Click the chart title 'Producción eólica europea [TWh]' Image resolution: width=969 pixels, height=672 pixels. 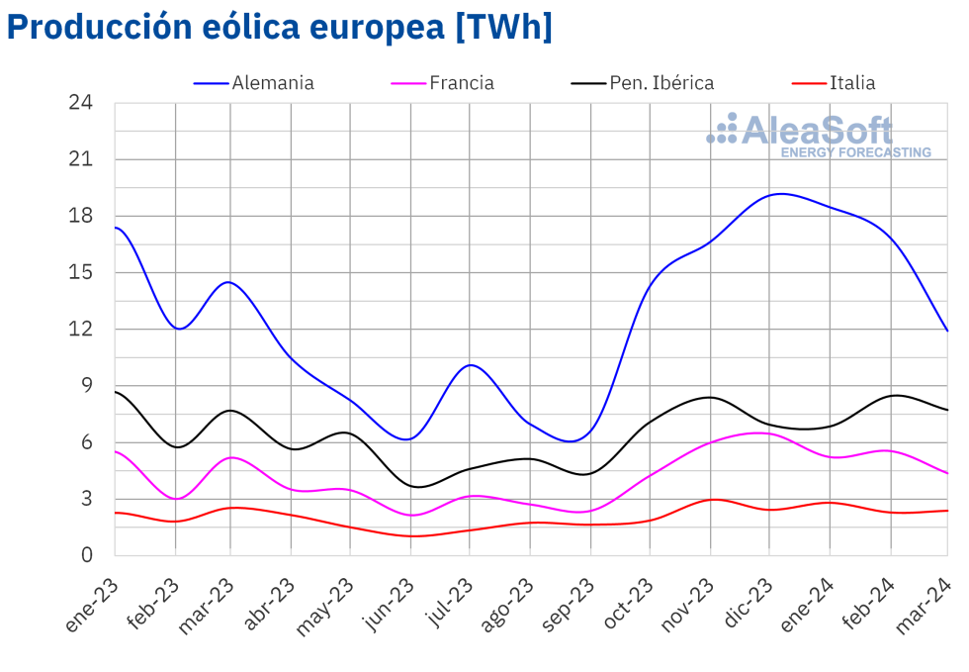(279, 27)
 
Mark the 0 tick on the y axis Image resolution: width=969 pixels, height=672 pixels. (86, 555)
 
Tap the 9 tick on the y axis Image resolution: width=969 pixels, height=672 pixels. (86, 386)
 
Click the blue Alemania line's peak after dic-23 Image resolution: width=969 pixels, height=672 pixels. (781, 194)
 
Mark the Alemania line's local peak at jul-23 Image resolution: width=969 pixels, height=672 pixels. (471, 365)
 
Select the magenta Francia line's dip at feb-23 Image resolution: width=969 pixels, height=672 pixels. (176, 499)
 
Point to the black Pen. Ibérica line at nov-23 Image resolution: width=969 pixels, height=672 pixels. (710, 397)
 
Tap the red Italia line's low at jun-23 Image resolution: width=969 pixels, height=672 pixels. (411, 536)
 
